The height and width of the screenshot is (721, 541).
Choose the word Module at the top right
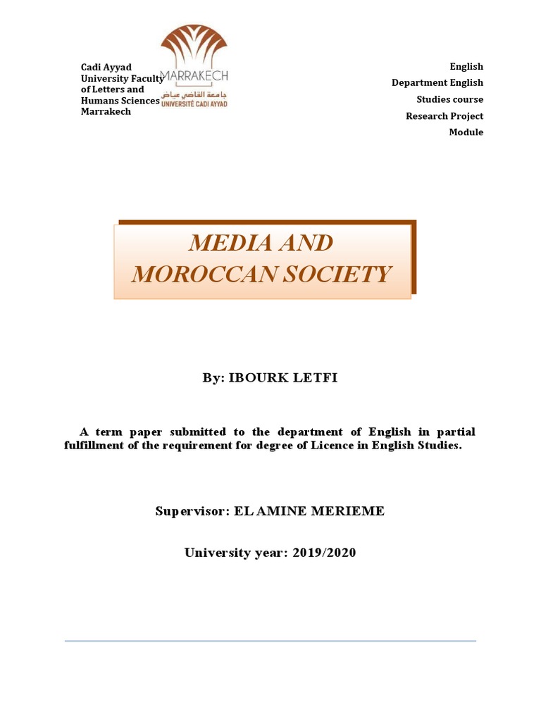coord(466,132)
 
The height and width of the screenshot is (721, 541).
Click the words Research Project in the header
coord(444,116)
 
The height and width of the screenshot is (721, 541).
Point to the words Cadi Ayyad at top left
coord(106,67)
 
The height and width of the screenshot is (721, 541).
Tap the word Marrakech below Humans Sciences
coord(106,111)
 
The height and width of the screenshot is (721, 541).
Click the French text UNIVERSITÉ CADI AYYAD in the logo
coord(194,104)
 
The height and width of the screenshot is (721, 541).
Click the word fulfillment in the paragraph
coord(97,446)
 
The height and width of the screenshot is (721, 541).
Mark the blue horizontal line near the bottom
coord(270,641)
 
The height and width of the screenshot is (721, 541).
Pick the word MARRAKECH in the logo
coord(194,76)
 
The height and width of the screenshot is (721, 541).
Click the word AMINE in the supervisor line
coord(278,511)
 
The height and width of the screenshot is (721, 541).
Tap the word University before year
coord(216,553)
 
